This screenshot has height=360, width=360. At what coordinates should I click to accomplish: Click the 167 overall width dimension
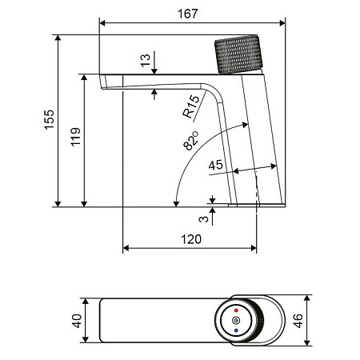click(x=187, y=13)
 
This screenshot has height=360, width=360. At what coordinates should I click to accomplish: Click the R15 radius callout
click(x=190, y=107)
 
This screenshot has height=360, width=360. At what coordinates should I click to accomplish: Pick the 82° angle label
click(x=189, y=142)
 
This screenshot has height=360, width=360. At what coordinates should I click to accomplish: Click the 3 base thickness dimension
click(x=204, y=216)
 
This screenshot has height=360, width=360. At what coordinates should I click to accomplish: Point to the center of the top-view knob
click(x=234, y=321)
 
